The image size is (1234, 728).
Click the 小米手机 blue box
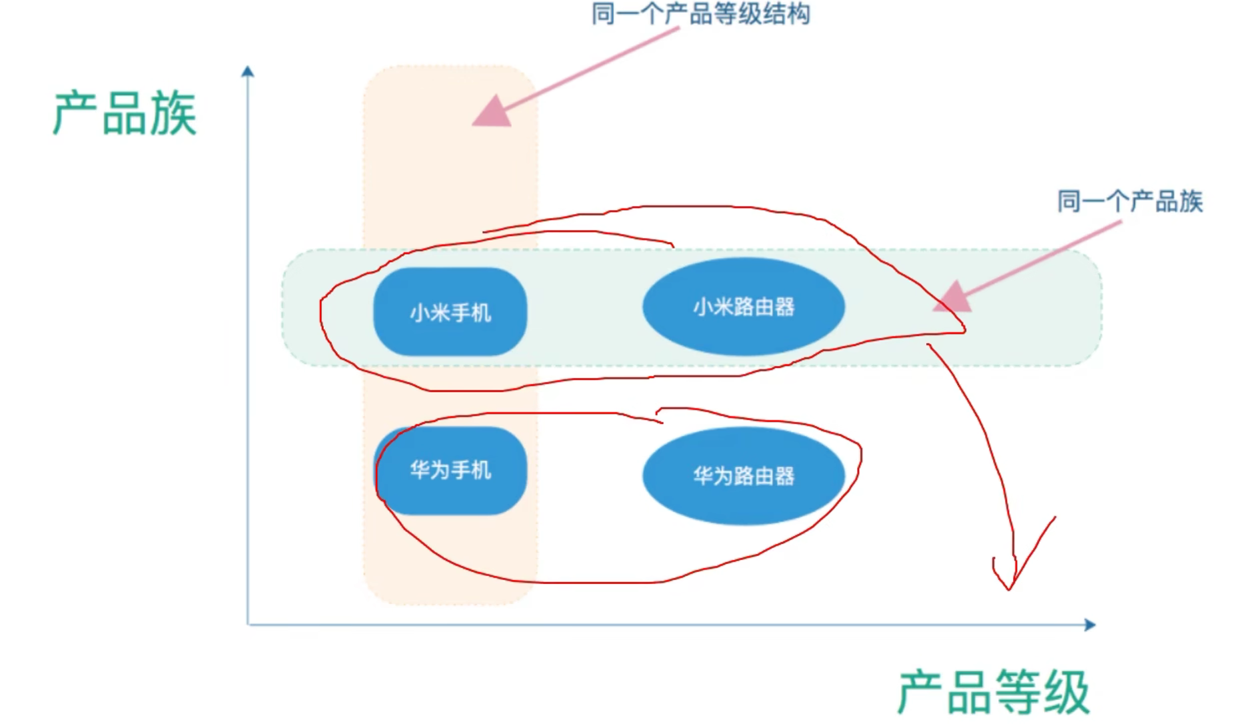point(450,312)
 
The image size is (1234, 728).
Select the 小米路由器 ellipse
point(744,307)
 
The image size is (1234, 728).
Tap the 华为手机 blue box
point(450,470)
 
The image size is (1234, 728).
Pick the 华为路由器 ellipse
point(744,476)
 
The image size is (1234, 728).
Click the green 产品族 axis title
point(125,114)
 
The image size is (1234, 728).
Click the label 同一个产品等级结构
point(700,14)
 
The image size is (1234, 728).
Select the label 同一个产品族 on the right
point(1130,201)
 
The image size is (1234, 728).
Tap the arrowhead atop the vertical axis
point(248,71)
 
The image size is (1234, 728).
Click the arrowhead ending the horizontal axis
point(1089,624)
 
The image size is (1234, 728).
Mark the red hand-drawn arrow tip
point(1009,587)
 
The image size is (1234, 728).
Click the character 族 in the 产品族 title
point(173,114)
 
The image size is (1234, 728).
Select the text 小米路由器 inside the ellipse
point(744,307)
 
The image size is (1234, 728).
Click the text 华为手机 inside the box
point(450,470)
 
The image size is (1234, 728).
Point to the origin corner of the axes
point(248,624)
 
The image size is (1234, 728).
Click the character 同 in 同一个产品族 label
point(1069,201)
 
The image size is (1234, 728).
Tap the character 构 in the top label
point(798,14)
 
